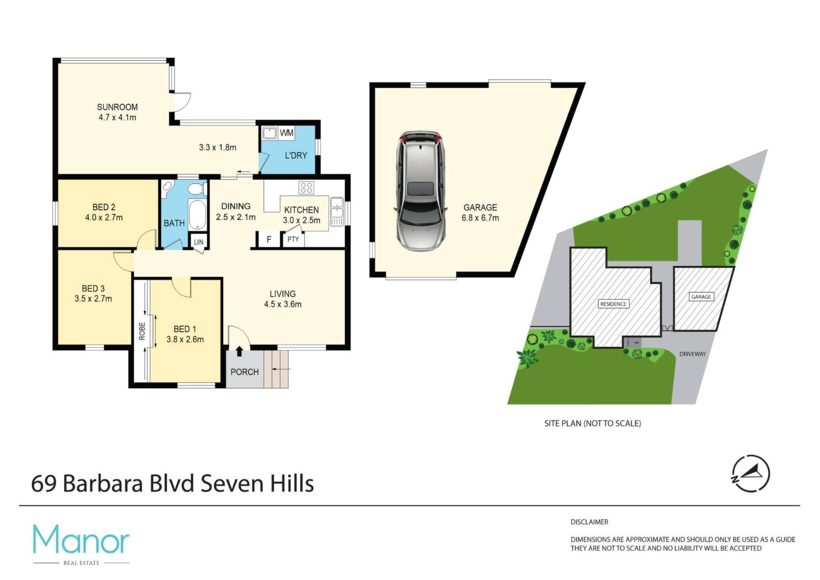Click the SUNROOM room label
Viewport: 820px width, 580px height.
point(117,107)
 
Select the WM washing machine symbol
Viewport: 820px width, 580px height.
point(286,133)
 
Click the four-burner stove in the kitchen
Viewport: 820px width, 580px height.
point(306,188)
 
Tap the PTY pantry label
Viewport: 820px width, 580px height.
point(293,239)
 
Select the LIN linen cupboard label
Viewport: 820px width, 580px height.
point(198,242)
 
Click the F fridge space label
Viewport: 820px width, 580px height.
point(269,240)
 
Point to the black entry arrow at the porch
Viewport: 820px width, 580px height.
point(239,351)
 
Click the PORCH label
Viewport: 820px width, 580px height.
point(244,372)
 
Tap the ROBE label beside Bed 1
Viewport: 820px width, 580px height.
point(142,331)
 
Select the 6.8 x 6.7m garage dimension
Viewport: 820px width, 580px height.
point(480,218)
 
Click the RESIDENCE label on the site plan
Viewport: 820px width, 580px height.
point(613,303)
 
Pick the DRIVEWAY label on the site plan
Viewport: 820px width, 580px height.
point(693,354)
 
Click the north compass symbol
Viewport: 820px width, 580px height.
point(751,474)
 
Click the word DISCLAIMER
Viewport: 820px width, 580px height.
point(589,522)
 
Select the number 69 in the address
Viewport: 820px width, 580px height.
point(44,484)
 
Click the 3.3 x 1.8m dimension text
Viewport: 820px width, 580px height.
point(217,148)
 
